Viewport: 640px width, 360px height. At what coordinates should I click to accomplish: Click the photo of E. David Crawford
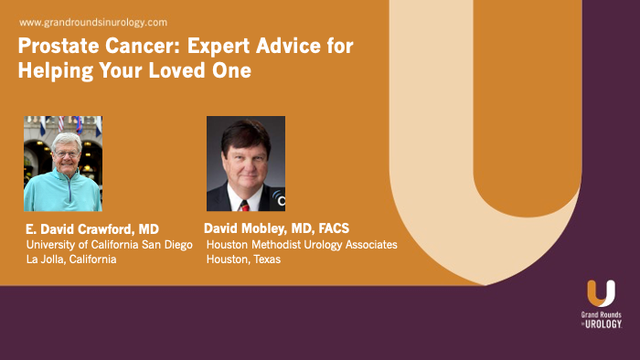click(x=62, y=164)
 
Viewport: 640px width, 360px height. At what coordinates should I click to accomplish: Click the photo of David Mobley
click(x=245, y=164)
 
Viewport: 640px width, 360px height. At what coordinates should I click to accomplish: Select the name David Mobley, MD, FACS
click(x=277, y=228)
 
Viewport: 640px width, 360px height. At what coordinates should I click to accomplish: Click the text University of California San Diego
click(x=109, y=244)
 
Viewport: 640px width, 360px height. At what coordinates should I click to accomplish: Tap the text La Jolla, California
click(x=71, y=259)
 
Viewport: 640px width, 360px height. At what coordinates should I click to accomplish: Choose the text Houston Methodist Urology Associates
click(x=302, y=244)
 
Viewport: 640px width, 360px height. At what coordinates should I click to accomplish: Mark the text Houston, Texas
click(x=243, y=259)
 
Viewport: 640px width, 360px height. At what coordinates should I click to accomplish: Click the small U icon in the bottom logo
click(x=601, y=293)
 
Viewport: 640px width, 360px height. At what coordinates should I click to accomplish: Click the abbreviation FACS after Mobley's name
click(x=331, y=228)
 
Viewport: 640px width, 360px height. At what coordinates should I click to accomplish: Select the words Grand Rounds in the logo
click(x=601, y=314)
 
